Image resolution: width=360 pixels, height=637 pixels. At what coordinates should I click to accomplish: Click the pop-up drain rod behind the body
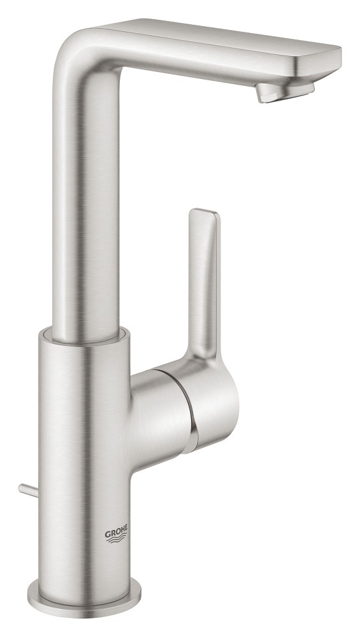27,489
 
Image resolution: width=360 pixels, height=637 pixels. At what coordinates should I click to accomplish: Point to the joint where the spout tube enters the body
86,334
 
